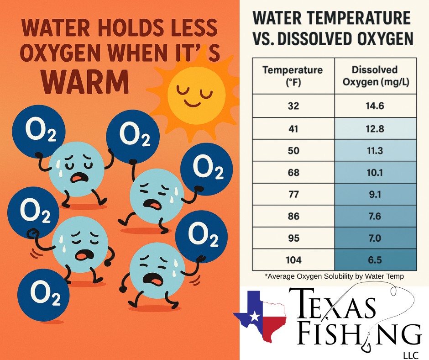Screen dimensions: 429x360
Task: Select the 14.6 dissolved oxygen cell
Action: (375, 106)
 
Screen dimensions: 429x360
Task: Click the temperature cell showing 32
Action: (293, 106)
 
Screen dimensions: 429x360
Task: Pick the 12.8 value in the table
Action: (375, 128)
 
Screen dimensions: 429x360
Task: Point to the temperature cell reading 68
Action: (293, 172)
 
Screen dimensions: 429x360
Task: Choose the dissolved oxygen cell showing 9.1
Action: (375, 194)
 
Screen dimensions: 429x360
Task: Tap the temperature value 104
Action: (293, 260)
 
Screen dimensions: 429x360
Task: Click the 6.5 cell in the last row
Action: (375, 260)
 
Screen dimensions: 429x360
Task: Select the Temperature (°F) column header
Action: (293, 76)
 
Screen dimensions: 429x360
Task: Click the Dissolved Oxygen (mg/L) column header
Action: (375, 76)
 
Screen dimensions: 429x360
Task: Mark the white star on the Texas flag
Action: (255, 316)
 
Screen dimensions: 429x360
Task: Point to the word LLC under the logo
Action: (411, 355)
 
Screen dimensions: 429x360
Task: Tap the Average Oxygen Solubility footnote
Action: (335, 276)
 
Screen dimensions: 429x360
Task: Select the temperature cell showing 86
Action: (293, 216)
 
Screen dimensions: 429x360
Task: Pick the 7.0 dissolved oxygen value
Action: (375, 238)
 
